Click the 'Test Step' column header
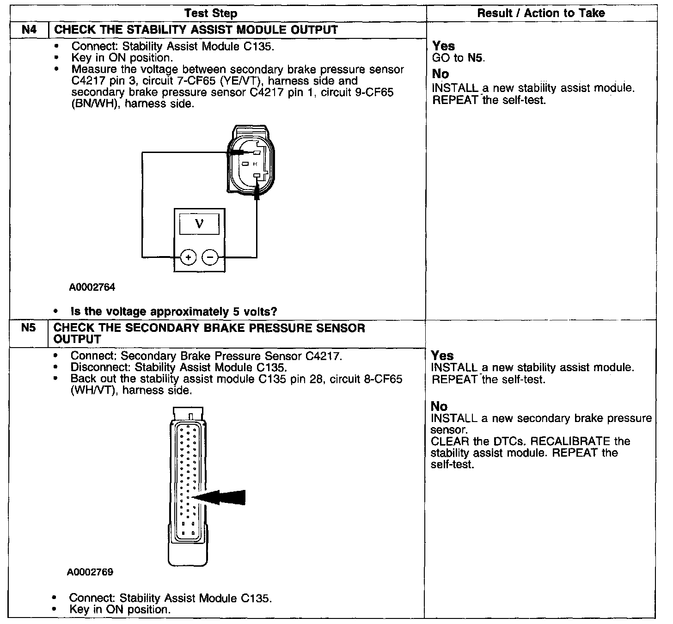[x=211, y=13]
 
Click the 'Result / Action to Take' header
[x=541, y=13]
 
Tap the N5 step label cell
[x=28, y=328]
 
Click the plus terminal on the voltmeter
[x=188, y=257]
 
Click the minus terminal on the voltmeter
[x=211, y=257]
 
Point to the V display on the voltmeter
[x=199, y=224]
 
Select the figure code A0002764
[x=92, y=288]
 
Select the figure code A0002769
[x=90, y=572]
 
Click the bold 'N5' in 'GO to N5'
[x=476, y=58]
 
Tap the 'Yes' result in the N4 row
[x=444, y=46]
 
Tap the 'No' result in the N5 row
[x=439, y=406]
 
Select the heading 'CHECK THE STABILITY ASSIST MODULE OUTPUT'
[x=196, y=30]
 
